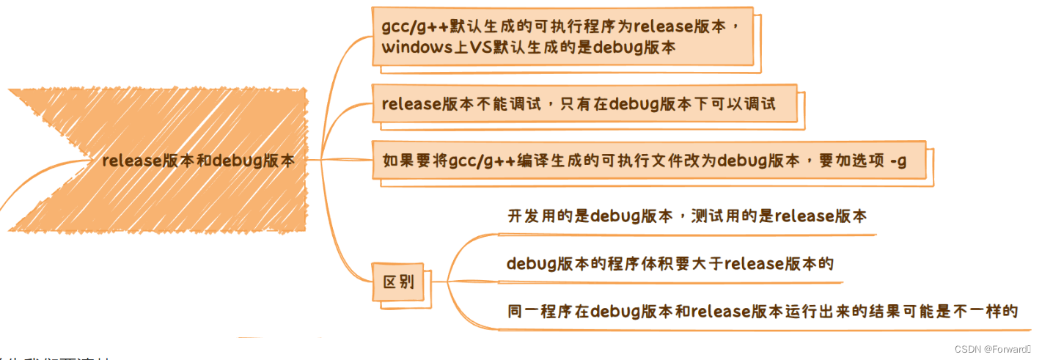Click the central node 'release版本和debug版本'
coord(198,161)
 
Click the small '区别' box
coord(399,282)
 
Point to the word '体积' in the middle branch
coord(660,264)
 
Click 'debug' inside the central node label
coord(235,161)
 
